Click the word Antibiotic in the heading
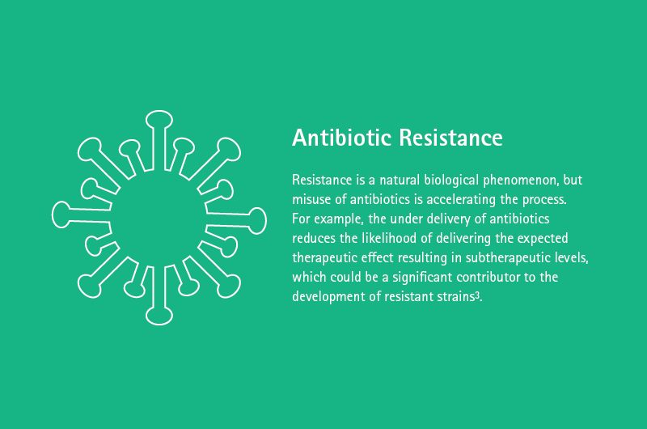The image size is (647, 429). pos(342,138)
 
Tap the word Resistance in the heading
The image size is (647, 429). pos(451,138)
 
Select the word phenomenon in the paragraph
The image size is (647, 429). pos(522,181)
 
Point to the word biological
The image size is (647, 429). pos(452,181)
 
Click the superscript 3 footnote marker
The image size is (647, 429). pos(477,295)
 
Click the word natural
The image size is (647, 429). pos(400,180)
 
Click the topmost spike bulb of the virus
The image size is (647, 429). pos(159,119)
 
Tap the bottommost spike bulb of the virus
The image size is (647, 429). pos(159,316)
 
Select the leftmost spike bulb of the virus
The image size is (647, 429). pos(61,214)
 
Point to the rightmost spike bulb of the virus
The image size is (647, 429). pos(257,221)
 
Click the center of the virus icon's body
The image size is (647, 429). pos(159,218)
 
